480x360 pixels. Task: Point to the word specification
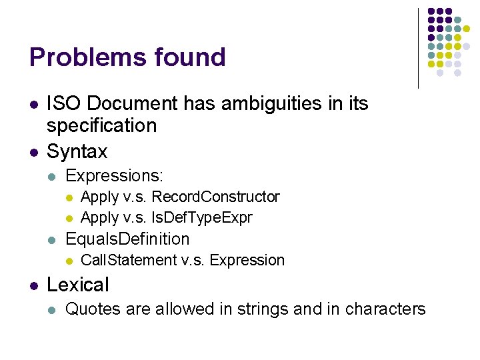pyautogui.click(x=102, y=125)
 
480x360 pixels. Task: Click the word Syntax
pyautogui.click(x=77, y=152)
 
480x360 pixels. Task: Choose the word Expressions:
pyautogui.click(x=115, y=176)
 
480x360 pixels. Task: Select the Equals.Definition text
pyautogui.click(x=127, y=239)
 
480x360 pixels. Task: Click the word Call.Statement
pyautogui.click(x=129, y=260)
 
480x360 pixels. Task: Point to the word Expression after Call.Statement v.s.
pyautogui.click(x=247, y=260)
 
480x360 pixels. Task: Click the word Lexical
pyautogui.click(x=77, y=285)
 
